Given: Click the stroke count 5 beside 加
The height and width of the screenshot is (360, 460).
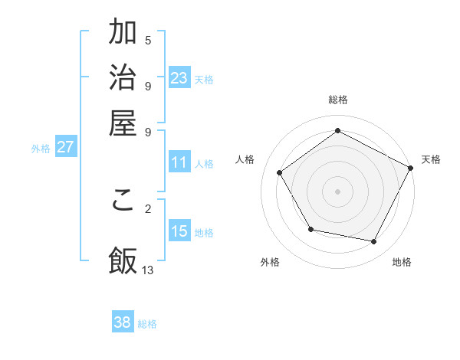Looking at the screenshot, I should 148,40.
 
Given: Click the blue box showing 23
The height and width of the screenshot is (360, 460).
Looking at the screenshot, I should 179,77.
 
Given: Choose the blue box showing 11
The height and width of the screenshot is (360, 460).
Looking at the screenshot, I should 179,162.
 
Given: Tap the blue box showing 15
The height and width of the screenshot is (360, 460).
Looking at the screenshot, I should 179,231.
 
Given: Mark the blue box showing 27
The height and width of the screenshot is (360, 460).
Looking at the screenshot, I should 65,147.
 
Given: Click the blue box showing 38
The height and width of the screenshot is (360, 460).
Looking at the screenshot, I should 123,322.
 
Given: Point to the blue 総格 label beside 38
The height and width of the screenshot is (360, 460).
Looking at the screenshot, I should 147,324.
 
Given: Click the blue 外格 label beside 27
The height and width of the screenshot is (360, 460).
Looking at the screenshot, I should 41,149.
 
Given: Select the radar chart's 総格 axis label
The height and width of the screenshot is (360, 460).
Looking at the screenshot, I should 338,100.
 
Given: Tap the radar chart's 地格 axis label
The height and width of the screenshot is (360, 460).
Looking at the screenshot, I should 402,263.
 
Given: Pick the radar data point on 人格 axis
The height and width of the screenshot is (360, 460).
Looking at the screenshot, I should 280,172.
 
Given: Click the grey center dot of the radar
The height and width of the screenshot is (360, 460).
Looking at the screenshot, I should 338,191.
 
